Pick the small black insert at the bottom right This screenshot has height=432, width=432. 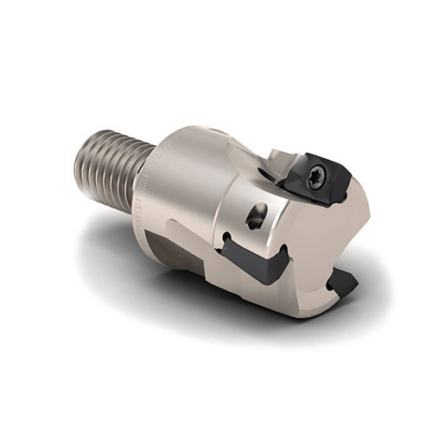click(344, 282)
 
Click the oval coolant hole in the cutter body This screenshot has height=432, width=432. click(257, 216)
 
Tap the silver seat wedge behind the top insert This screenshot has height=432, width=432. click(281, 160)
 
